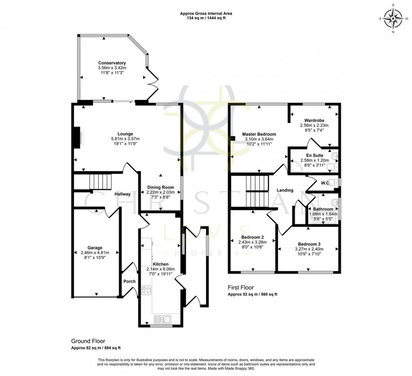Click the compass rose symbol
[391, 18]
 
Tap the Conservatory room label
[112, 63]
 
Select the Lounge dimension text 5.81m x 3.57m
[125, 139]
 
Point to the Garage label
[95, 247]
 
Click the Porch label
[130, 281]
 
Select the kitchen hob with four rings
[146, 290]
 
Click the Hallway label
[122, 194]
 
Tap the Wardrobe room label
[314, 120]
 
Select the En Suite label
[314, 155]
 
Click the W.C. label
[326, 183]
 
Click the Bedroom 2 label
[252, 237]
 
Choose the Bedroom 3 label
[309, 244]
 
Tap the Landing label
[285, 190]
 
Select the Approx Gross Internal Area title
[206, 13]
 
